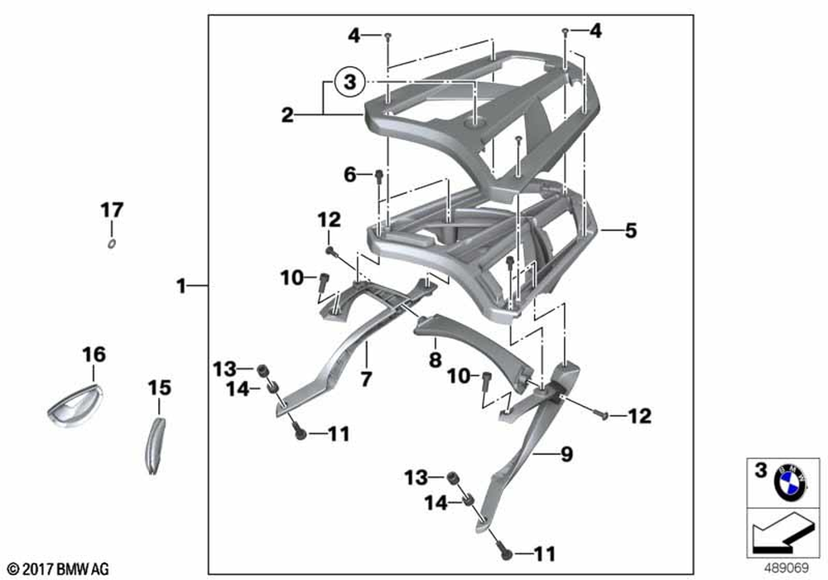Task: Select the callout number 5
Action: click(x=631, y=231)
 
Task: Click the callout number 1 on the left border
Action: click(x=181, y=287)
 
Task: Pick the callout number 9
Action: click(x=566, y=454)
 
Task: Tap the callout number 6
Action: click(x=350, y=175)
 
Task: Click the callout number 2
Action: click(x=287, y=115)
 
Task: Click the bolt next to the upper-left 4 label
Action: click(x=388, y=35)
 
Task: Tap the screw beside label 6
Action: click(x=378, y=176)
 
